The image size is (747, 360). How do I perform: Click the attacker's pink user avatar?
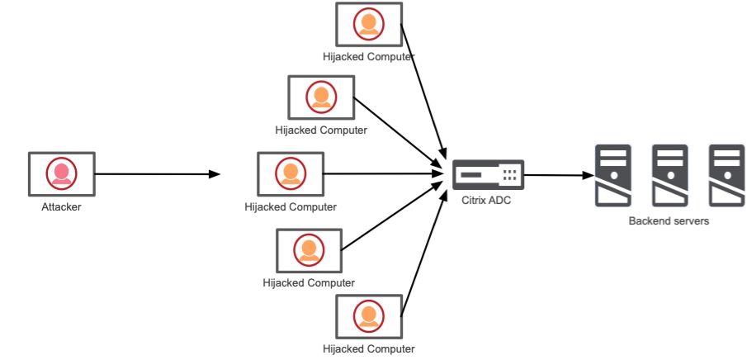60,173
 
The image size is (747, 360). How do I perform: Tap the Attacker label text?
61,206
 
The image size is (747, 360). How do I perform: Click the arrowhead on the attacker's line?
216,175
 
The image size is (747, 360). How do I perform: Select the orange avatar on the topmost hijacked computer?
368,24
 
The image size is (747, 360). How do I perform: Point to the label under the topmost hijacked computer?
369,57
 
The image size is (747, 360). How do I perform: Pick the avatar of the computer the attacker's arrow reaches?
291,173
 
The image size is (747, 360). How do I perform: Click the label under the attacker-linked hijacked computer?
291,207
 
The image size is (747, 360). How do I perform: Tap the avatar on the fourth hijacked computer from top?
309,249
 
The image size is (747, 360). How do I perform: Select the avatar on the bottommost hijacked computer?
368,315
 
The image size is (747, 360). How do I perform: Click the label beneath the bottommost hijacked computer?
369,350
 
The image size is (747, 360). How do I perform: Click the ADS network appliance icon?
488,174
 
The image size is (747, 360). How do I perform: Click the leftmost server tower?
613,175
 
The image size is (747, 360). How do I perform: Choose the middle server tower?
669,175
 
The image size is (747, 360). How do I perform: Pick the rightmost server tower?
726,175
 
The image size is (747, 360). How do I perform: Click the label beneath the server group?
669,220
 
